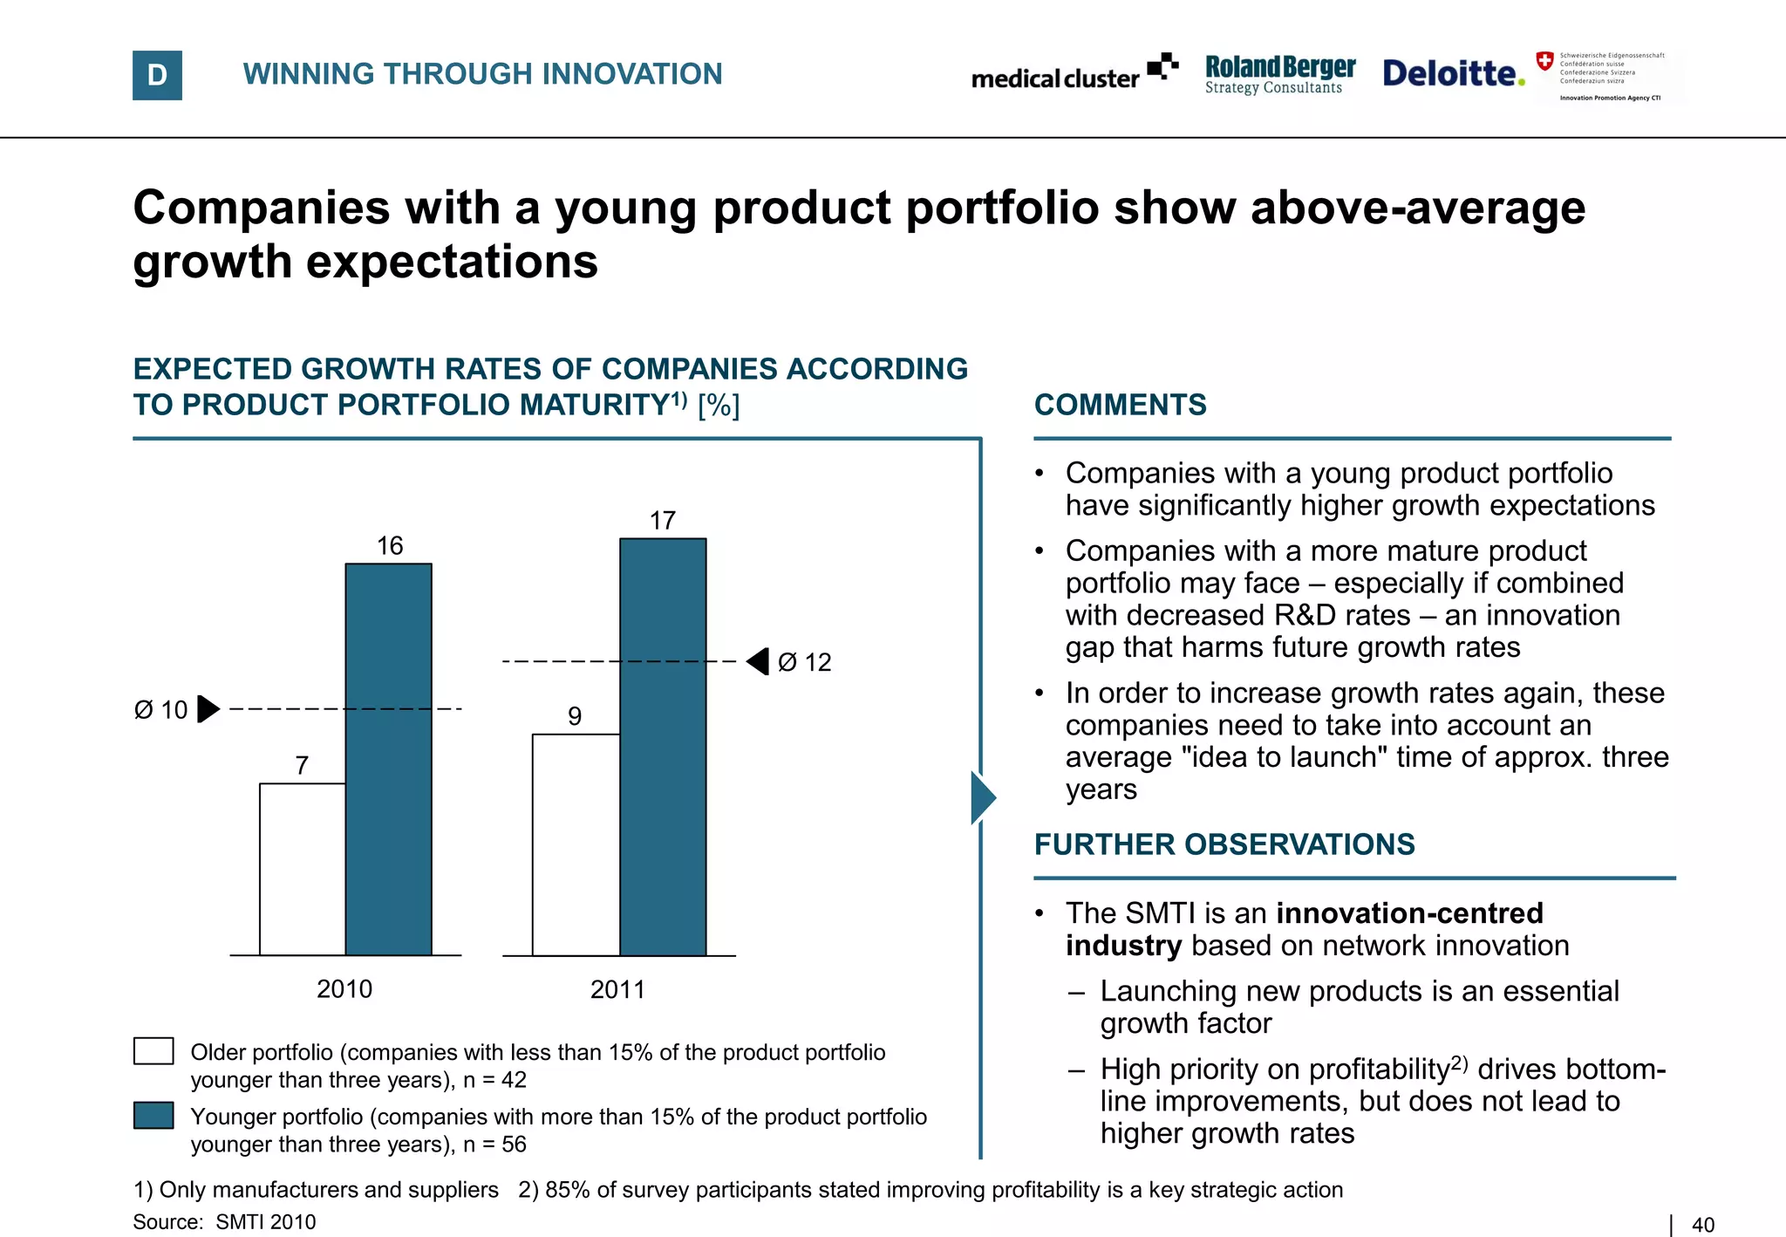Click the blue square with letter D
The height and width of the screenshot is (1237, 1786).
pyautogui.click(x=157, y=75)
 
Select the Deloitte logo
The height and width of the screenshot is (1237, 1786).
pyautogui.click(x=1453, y=73)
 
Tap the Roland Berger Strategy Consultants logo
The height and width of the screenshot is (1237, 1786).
pyautogui.click(x=1279, y=74)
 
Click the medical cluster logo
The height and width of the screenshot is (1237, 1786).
pyautogui.click(x=1074, y=73)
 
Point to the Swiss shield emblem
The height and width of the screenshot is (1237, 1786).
pyautogui.click(x=1544, y=61)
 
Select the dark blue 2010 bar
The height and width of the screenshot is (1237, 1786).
pyautogui.click(x=388, y=759)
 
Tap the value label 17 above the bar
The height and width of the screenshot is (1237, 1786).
pyautogui.click(x=663, y=521)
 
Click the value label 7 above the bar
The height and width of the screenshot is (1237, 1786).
pyautogui.click(x=302, y=765)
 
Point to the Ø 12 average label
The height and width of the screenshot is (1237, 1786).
pyautogui.click(x=804, y=662)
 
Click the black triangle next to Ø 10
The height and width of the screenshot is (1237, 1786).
pyautogui.click(x=208, y=708)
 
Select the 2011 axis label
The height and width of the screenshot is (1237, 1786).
pyautogui.click(x=617, y=989)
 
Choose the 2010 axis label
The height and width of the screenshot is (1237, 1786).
pyautogui.click(x=344, y=989)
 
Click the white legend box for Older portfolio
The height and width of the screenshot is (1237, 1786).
pyautogui.click(x=153, y=1051)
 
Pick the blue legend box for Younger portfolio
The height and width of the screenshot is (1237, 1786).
pyautogui.click(x=153, y=1116)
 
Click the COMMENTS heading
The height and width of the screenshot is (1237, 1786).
pyautogui.click(x=1120, y=405)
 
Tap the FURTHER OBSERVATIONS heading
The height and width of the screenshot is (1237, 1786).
pyautogui.click(x=1224, y=844)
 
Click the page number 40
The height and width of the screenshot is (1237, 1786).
pyautogui.click(x=1702, y=1225)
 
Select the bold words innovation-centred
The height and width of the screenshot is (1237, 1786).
pyautogui.click(x=1408, y=913)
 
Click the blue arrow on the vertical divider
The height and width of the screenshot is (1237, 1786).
pyautogui.click(x=982, y=797)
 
